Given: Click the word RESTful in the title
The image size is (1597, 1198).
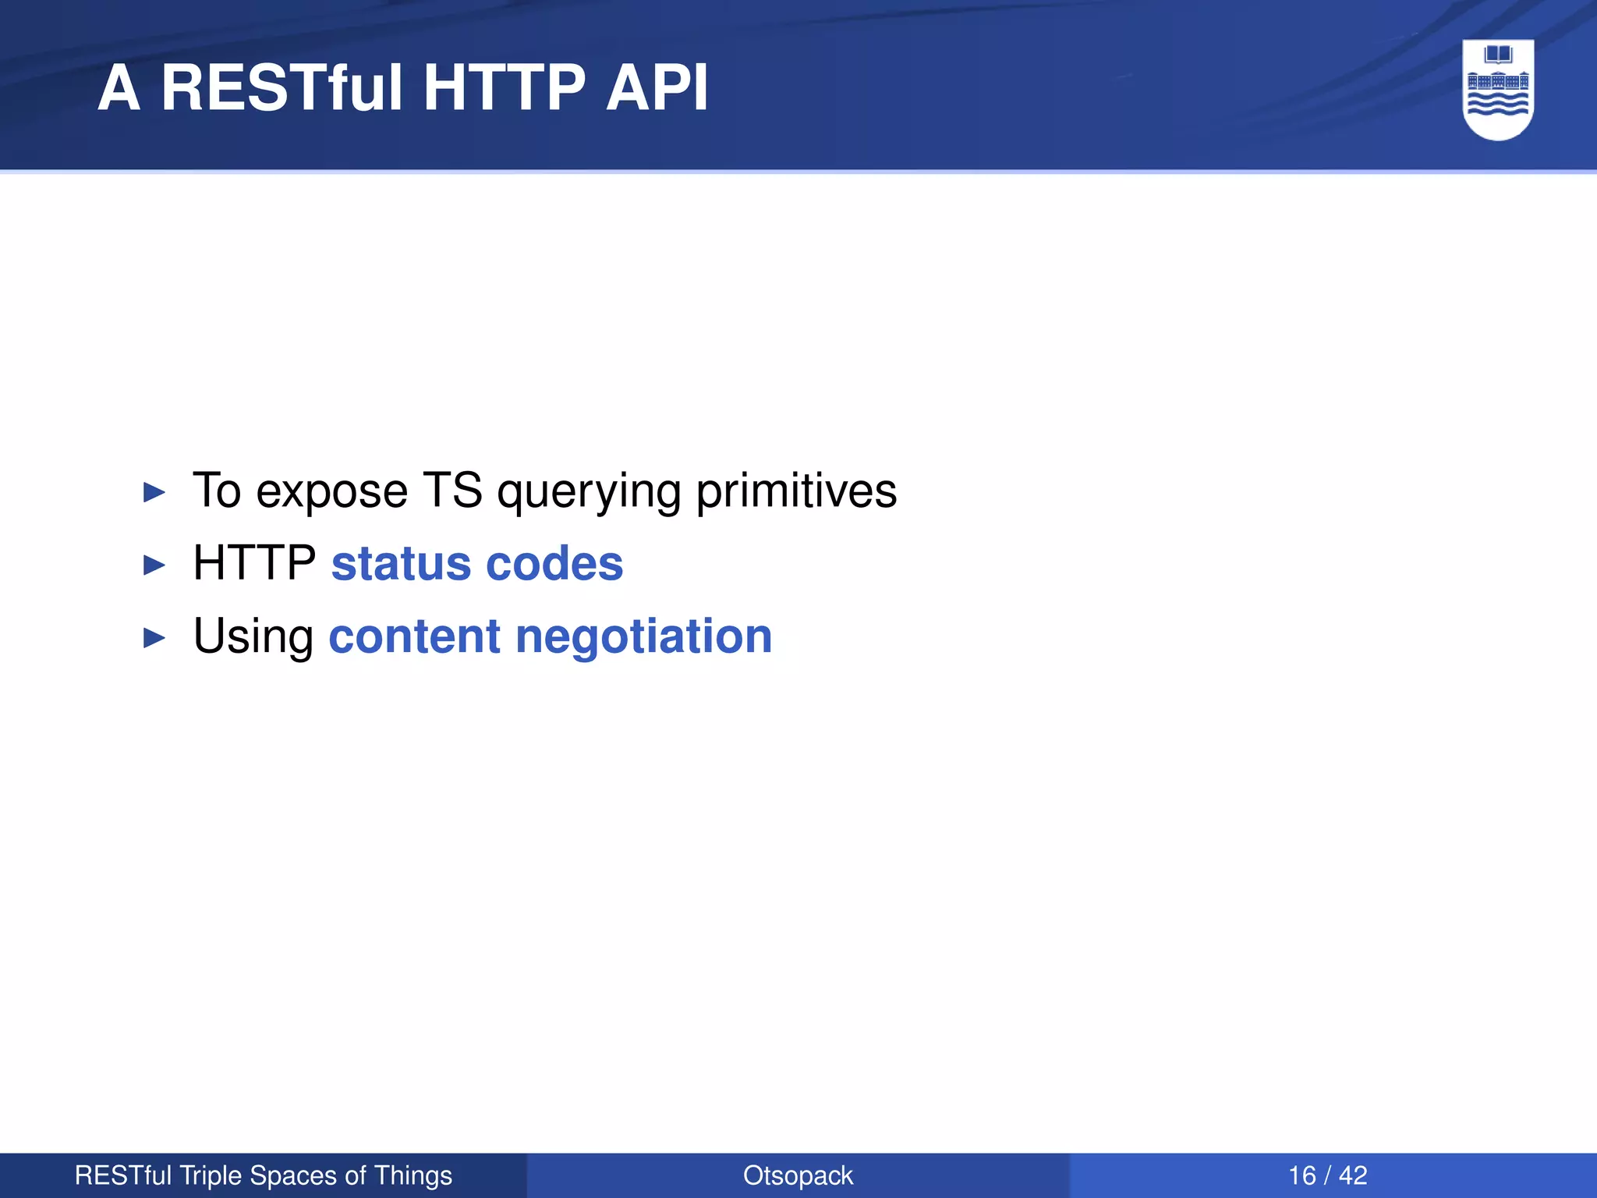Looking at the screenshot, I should pyautogui.click(x=282, y=87).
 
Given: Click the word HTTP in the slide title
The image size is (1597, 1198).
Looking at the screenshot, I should pyautogui.click(x=504, y=87).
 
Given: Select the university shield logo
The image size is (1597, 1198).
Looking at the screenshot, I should pyautogui.click(x=1498, y=90).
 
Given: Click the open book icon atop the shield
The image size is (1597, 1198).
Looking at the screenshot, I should pyautogui.click(x=1498, y=55).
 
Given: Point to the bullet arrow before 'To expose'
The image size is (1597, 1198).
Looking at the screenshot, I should pyautogui.click(x=154, y=492).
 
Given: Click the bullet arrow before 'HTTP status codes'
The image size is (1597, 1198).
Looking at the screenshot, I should pyautogui.click(x=154, y=565).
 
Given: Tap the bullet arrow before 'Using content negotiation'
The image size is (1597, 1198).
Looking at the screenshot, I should pyautogui.click(x=154, y=638).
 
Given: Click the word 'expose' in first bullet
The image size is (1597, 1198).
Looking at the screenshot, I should pyautogui.click(x=331, y=493).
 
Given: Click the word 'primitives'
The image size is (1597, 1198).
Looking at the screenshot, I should pyautogui.click(x=796, y=491).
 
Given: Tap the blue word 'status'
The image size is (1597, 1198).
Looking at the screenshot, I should pyautogui.click(x=401, y=564).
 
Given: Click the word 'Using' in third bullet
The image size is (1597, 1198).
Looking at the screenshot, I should pyautogui.click(x=253, y=638).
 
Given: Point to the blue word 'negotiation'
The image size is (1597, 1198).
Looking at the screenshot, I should pyautogui.click(x=643, y=638).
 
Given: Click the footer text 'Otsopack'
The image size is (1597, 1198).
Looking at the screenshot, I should pyautogui.click(x=798, y=1175).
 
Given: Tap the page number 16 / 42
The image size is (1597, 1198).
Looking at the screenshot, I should pyautogui.click(x=1327, y=1175).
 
